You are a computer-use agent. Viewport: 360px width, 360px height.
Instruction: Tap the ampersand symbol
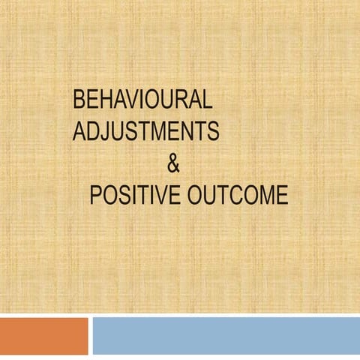[172, 163]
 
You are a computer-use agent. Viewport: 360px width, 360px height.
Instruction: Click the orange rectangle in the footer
[43, 335]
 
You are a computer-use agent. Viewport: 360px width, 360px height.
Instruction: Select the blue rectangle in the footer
[225, 335]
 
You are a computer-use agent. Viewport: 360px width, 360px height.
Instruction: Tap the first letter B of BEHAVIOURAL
[79, 100]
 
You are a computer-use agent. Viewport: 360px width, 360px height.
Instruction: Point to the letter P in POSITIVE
[96, 195]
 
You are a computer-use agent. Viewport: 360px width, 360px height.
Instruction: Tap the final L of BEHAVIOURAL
[208, 100]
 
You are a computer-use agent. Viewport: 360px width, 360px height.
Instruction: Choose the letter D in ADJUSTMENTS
[93, 131]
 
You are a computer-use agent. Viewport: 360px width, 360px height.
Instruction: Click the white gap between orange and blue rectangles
[90, 335]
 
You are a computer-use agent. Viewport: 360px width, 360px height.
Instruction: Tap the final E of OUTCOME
[280, 195]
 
